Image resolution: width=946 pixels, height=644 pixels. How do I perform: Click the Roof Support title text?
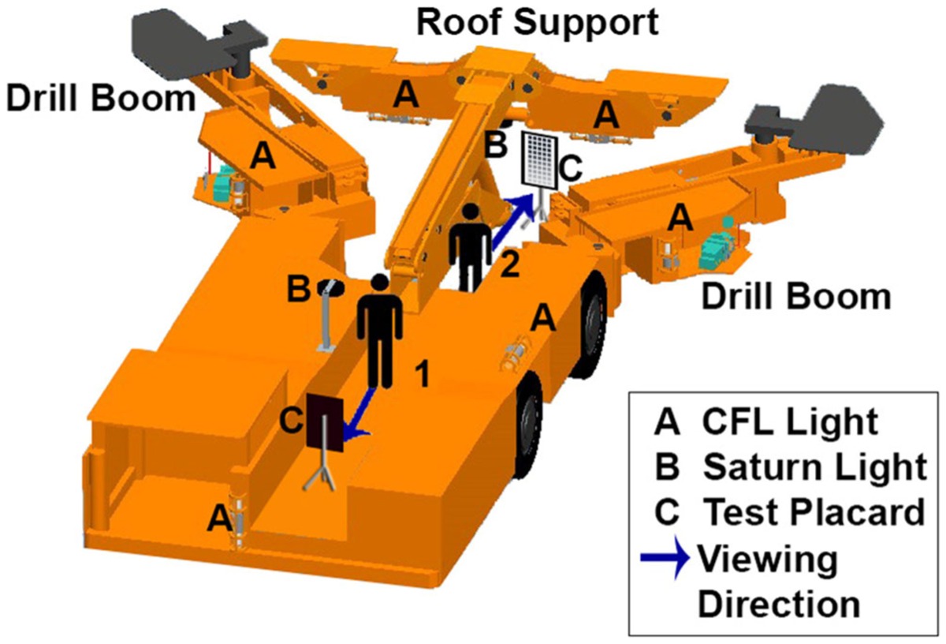point(537,23)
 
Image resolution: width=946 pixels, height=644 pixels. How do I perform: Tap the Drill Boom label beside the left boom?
point(101,99)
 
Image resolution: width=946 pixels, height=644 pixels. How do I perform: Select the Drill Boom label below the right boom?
point(796,298)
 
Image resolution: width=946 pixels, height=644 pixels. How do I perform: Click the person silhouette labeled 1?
point(379,331)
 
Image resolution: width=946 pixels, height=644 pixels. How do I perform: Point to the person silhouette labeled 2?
point(470,247)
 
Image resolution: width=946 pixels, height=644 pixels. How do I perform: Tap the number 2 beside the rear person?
point(510,264)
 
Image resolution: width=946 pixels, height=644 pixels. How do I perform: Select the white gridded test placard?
point(540,161)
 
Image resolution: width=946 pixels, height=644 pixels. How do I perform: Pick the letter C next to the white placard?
point(571,168)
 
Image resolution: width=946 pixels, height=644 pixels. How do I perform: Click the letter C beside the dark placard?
point(292,421)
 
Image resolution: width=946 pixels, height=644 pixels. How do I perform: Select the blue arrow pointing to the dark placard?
point(359,414)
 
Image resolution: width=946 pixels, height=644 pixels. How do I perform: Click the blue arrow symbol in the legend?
point(665,557)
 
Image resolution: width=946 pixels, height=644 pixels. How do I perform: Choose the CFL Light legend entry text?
point(790,421)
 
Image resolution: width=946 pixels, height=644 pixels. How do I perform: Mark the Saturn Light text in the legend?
point(814,466)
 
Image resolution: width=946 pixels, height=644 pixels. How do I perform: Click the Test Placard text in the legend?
point(814,511)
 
